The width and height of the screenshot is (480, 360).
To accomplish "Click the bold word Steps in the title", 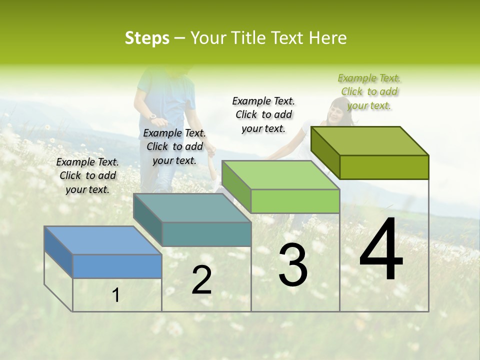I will coord(147,38).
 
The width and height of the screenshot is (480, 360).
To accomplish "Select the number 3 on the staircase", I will coord(293,265).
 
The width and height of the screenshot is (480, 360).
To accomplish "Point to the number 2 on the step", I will coord(201,280).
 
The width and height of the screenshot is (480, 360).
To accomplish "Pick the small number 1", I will coord(116,295).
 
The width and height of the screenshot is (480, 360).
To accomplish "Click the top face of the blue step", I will coord(102,240).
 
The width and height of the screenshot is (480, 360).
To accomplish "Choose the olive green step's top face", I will coord(369,141).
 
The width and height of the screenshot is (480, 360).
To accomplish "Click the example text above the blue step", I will coord(87,175).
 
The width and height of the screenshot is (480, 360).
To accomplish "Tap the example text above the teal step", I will coord(174,146).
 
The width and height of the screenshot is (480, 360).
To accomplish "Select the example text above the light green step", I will coord(263,114).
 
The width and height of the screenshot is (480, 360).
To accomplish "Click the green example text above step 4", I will coord(369,91).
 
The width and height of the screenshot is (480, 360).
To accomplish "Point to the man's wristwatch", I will coord(153,116).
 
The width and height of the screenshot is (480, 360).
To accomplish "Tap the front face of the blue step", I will coord(117,266).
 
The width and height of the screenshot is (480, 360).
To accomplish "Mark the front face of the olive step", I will coord(384,167).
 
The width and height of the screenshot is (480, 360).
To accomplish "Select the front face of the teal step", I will coord(206,234).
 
